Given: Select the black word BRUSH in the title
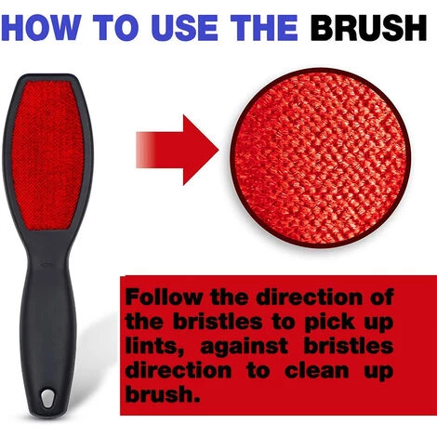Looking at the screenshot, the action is coord(369,28).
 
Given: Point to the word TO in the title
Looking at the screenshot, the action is coord(118,28).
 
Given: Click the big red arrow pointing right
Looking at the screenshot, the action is coord(178,150).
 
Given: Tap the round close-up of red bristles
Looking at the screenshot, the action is coord(320,158).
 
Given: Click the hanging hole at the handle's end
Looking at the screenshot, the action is coord(46,399).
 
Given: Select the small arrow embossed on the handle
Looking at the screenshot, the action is coord(46,264).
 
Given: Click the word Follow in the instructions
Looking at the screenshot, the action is coord(165,298).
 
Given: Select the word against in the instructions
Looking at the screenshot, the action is coord(245,347).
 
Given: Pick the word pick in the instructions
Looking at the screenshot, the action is coord(330,323).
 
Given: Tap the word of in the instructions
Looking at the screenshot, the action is coord(382,298).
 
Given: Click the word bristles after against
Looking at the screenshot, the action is coord(349,347).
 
